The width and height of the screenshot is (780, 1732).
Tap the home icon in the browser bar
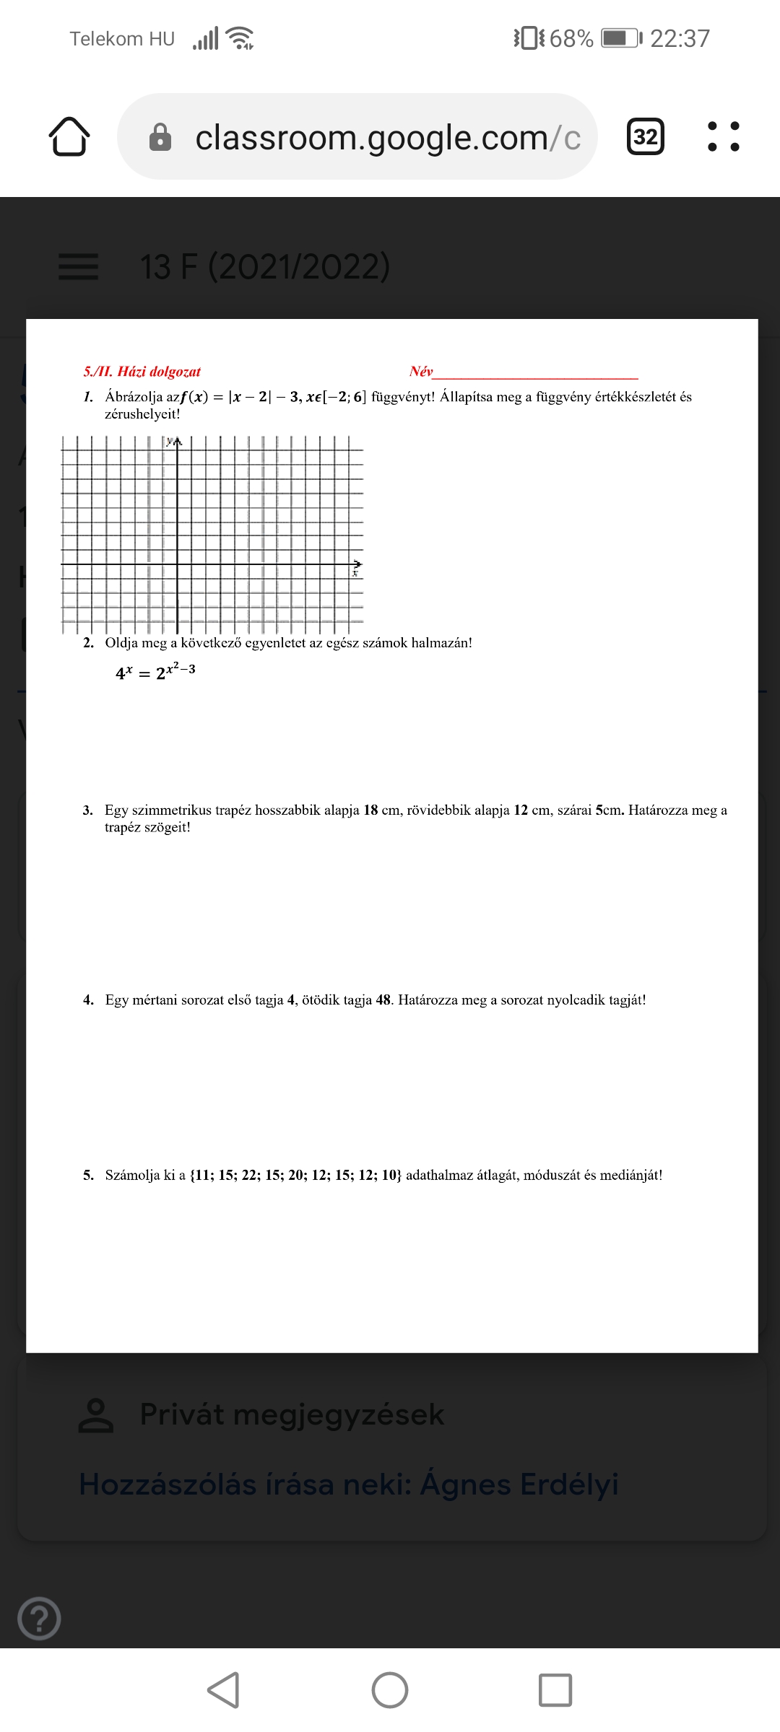click(69, 136)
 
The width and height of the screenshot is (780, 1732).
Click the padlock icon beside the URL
click(160, 137)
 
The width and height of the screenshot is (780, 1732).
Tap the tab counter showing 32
click(645, 136)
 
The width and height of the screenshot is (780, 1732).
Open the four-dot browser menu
click(723, 136)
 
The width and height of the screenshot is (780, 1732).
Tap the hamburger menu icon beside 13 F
click(78, 266)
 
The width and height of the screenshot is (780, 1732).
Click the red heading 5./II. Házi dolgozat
click(142, 372)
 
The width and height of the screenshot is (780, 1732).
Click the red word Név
click(420, 372)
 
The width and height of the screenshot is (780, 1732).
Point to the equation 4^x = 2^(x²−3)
click(155, 672)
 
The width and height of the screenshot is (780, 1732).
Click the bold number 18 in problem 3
click(370, 810)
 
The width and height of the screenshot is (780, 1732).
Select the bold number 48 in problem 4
click(383, 1000)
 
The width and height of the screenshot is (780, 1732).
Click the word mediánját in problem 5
click(630, 1175)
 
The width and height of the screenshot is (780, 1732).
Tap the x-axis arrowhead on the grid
click(357, 564)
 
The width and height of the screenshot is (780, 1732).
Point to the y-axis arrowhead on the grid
click(178, 441)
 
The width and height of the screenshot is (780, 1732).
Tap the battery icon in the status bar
click(620, 38)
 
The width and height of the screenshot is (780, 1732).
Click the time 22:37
click(680, 38)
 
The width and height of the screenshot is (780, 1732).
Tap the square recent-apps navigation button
click(555, 1689)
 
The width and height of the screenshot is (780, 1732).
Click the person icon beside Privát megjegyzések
click(95, 1415)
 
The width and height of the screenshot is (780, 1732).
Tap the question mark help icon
click(39, 1619)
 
